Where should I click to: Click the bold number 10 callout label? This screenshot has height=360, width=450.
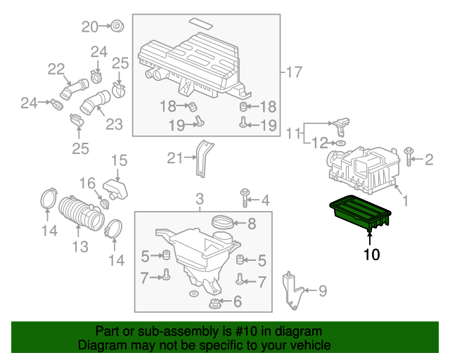371,254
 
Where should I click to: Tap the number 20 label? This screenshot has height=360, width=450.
91,27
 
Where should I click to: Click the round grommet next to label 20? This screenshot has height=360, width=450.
117,27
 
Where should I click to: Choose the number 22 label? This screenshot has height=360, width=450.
56,69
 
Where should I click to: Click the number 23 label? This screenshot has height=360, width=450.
114,124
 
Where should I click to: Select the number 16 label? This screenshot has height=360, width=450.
86,184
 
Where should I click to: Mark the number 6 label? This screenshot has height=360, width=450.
237,302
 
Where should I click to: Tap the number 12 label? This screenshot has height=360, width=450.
320,143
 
